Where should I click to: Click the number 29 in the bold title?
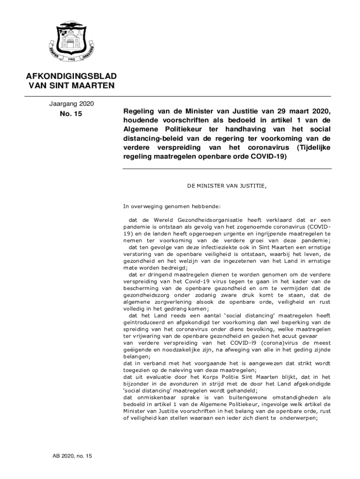(276, 111)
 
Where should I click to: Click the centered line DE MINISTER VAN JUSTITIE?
(227, 186)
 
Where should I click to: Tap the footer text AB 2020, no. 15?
(72, 456)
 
